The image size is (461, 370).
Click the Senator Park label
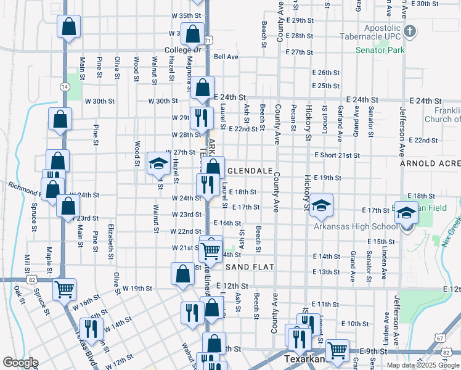[x=379, y=50]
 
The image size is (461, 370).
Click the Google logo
[x=20, y=363]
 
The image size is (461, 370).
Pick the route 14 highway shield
[x=64, y=87]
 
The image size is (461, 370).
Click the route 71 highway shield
[x=209, y=39]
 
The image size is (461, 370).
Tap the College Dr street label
[x=183, y=49]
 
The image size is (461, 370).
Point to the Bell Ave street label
[x=226, y=57]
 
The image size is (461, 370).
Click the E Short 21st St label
[x=337, y=155]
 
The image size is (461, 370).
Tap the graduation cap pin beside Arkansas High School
[x=406, y=213]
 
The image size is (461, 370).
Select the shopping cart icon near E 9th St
[x=337, y=350]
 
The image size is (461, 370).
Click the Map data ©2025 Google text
[x=422, y=365]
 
